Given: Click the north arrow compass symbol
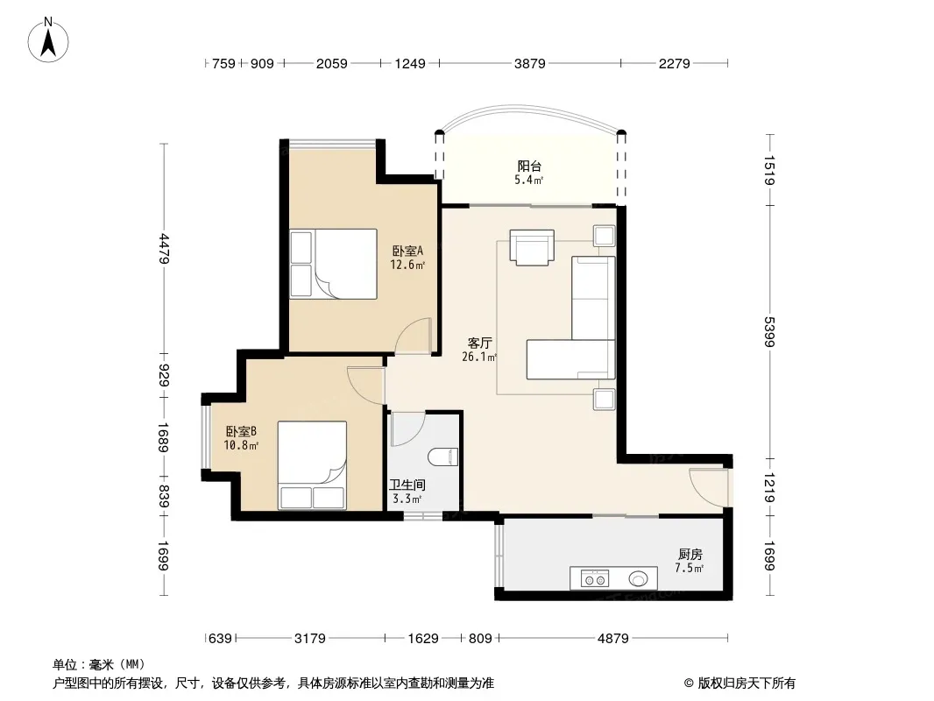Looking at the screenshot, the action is [x=48, y=40].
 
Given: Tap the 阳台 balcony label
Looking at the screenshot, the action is [x=529, y=166].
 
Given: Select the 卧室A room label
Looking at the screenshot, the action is [x=407, y=251].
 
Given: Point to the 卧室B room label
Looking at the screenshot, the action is [x=241, y=431].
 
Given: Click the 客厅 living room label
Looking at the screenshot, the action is [x=479, y=343].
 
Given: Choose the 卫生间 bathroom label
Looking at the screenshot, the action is [x=407, y=485].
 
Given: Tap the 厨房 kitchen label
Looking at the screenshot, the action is [x=690, y=555].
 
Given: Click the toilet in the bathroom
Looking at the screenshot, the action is [x=443, y=457].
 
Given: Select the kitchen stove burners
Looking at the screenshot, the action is [x=595, y=578].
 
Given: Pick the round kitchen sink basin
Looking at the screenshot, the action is [x=638, y=578].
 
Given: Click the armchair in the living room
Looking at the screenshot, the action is [x=532, y=247].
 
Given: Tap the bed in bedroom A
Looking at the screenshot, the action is [x=334, y=264].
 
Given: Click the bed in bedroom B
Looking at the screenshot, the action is [x=312, y=466].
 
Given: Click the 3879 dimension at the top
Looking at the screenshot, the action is [x=530, y=63].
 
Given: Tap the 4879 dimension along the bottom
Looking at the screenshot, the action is [x=613, y=639].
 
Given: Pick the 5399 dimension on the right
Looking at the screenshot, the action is [x=769, y=332].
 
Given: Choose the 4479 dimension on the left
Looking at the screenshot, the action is [x=165, y=250].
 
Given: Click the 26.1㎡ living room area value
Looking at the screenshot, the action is [x=479, y=358].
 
